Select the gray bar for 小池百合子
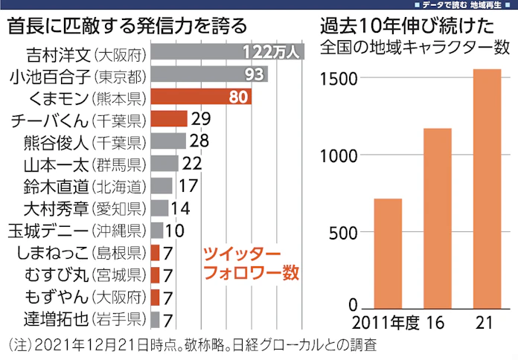coord(208,75)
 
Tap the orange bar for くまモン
coord(201,97)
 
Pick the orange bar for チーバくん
coord(168,119)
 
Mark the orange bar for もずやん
coord(155,298)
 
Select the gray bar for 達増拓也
coord(155,320)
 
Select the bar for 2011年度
coord(387,253)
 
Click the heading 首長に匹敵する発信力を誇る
coord(127,27)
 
